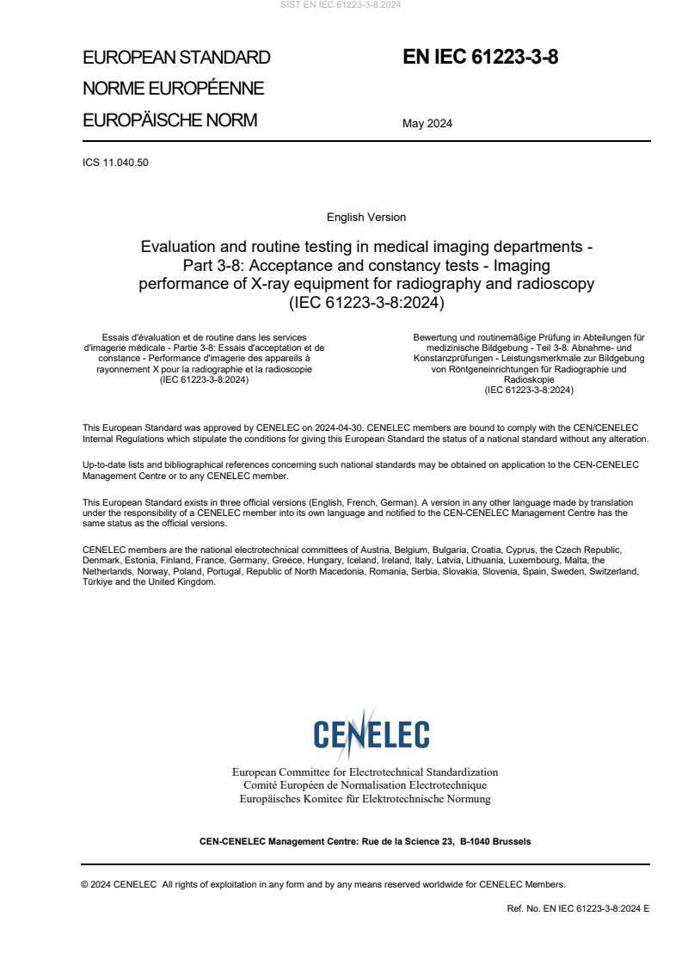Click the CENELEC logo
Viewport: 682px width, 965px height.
(371, 734)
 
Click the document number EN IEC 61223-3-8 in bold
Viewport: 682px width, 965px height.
(481, 58)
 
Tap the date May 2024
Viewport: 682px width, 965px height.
(427, 123)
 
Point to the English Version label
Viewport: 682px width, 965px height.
(366, 217)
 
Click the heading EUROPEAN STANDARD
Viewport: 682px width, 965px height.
(176, 58)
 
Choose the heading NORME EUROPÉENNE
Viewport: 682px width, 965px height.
(173, 89)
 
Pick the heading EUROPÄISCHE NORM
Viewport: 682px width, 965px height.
(169, 120)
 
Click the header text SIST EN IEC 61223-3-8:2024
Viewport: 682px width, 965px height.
(341, 4)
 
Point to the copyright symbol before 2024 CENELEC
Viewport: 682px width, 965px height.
(85, 883)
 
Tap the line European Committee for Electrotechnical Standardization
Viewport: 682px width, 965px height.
(365, 772)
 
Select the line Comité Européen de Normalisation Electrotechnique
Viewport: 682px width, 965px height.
(365, 785)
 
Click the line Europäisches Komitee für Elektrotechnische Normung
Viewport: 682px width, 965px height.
(365, 799)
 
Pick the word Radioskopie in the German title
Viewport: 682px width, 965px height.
(529, 379)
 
